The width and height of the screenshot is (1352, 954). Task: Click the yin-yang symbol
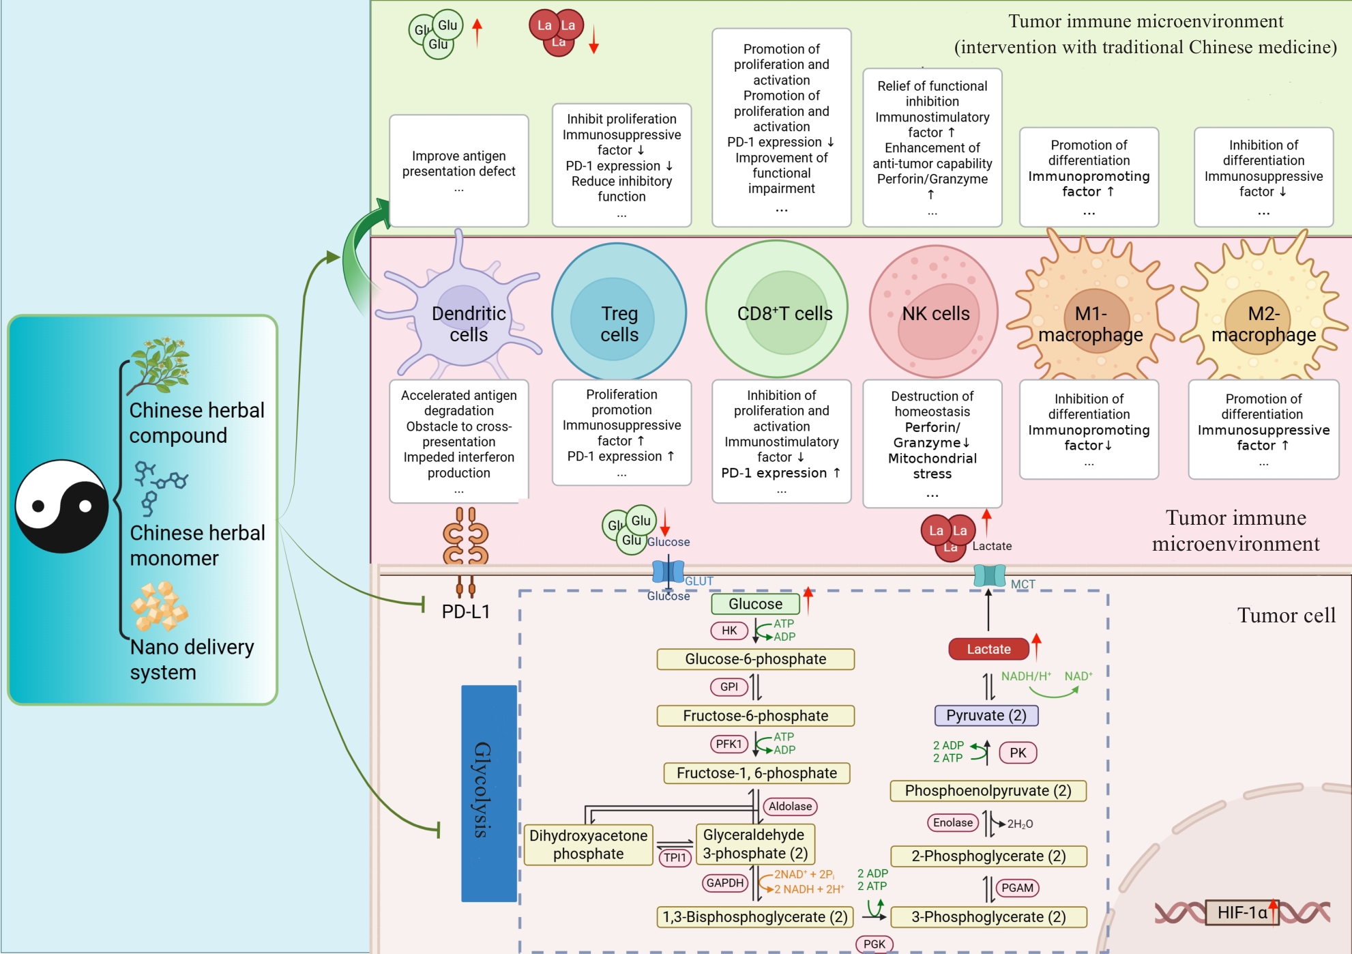tap(61, 506)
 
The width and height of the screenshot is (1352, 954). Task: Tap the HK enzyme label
tap(729, 631)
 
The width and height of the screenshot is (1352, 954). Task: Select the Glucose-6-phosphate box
tap(755, 659)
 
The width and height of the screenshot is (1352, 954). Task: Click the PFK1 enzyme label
tap(729, 744)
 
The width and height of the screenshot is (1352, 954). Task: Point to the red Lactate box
tap(988, 649)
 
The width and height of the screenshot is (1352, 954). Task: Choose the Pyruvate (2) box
tap(986, 715)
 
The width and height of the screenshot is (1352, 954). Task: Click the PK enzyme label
tap(1018, 753)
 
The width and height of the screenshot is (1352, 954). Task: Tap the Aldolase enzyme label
tap(790, 807)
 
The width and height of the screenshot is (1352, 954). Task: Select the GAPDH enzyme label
tap(724, 883)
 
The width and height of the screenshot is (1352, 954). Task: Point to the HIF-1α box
tap(1241, 912)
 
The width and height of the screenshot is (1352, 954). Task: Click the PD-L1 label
tap(466, 611)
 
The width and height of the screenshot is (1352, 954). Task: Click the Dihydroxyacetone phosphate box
tap(588, 845)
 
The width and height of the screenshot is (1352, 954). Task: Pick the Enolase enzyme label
tap(952, 823)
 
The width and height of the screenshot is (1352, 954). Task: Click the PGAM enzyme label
tap(1017, 888)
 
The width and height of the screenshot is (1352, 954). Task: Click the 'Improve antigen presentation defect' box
tap(458, 171)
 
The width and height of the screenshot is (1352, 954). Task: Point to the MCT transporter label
tap(1023, 584)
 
